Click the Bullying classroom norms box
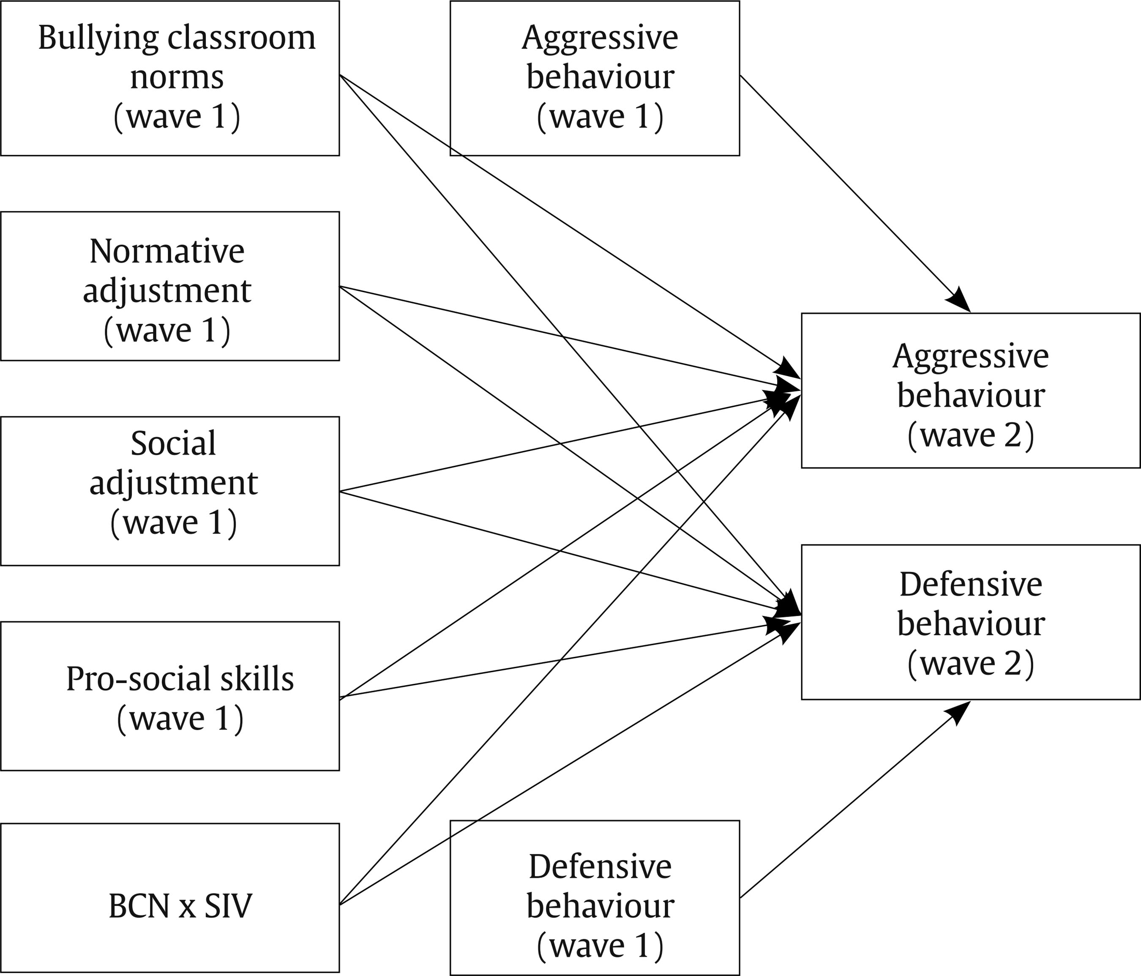(x=169, y=78)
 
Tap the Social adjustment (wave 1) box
(x=169, y=491)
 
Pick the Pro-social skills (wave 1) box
(x=169, y=696)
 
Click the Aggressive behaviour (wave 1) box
(x=595, y=78)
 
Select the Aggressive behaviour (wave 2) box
(x=970, y=391)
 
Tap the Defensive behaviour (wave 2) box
(x=970, y=622)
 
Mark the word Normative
(x=167, y=251)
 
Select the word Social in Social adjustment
(x=173, y=443)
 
